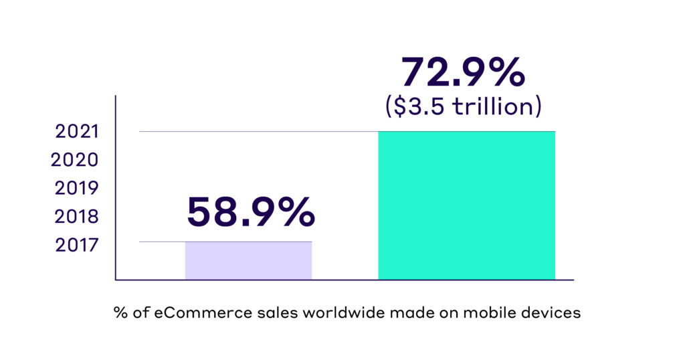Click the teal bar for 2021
(466, 205)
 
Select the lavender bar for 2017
(248, 260)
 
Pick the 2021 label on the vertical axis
(77, 131)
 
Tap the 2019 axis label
(77, 188)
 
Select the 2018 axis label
(77, 217)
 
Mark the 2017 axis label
(77, 245)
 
